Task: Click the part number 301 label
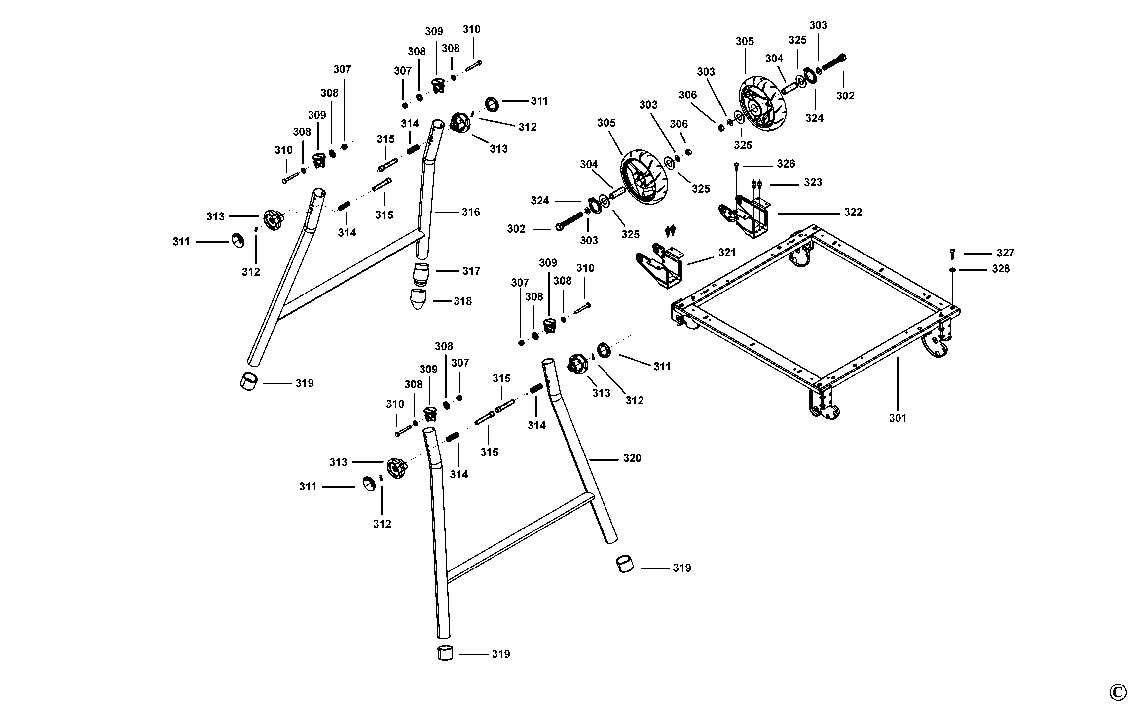coord(898,418)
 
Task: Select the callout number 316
coord(471,212)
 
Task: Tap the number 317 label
coord(471,271)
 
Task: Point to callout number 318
coord(463,301)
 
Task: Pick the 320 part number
coord(632,458)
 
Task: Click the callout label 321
coord(727,252)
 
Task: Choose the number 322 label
coord(853,212)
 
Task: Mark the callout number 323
coord(813,183)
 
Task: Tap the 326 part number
coord(786,164)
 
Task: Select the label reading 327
coord(1006,253)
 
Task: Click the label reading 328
coord(1001,269)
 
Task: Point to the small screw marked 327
coord(952,254)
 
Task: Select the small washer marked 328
coord(952,269)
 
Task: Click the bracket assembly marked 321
coord(662,266)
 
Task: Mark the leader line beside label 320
coord(604,460)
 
